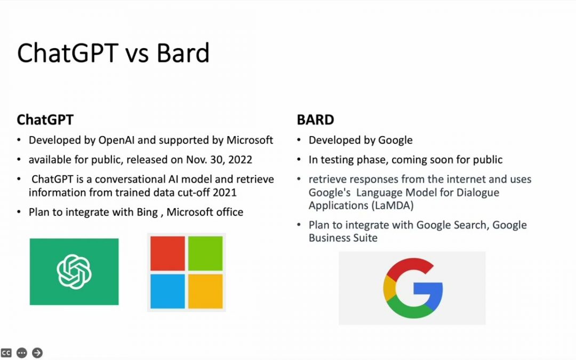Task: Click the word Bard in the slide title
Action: pos(183,53)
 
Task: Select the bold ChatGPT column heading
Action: pos(45,120)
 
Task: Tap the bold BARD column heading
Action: pos(316,120)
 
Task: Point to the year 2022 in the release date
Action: pos(240,160)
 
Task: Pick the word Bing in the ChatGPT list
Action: pos(147,212)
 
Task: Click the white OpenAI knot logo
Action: pos(74,272)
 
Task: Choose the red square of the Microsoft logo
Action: pos(167,253)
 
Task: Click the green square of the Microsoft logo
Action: pos(205,253)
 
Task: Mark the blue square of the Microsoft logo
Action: pos(167,291)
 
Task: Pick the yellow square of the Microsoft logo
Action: pos(205,291)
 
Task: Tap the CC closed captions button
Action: pos(6,353)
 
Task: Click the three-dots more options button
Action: pos(22,353)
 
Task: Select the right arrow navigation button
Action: pos(37,353)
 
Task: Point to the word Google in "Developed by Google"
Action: pos(395,140)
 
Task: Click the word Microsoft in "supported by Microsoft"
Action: pos(250,140)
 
